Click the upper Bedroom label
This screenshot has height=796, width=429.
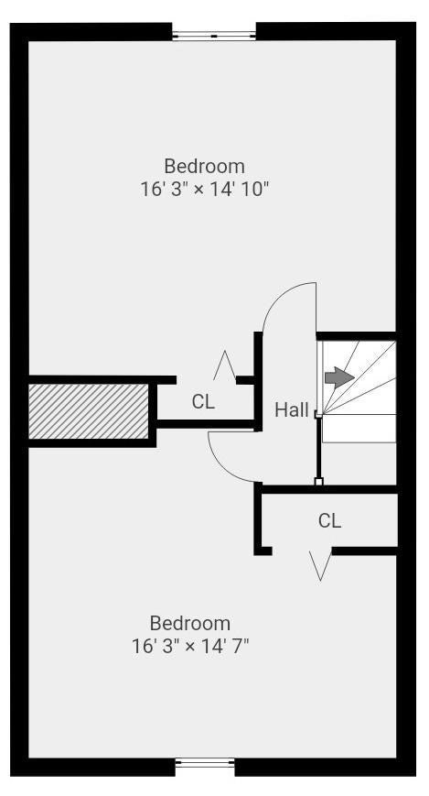[204, 167]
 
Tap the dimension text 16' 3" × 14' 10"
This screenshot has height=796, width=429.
[204, 190]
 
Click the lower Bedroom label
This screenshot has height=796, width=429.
[190, 624]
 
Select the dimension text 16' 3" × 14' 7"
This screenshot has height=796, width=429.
[190, 647]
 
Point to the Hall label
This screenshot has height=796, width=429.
[292, 409]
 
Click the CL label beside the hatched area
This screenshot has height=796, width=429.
[203, 402]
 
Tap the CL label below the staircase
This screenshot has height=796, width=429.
[330, 520]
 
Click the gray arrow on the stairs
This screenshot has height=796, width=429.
[339, 377]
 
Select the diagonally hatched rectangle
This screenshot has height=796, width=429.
[88, 411]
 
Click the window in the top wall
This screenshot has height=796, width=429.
[214, 36]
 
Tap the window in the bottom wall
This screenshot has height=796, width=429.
[205, 762]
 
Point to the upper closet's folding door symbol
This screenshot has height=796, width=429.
[224, 365]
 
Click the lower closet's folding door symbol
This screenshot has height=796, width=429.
[320, 566]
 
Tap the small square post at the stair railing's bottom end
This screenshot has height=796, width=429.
[318, 481]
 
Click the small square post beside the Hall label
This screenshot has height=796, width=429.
[318, 414]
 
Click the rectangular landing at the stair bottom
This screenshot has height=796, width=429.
[359, 428]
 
